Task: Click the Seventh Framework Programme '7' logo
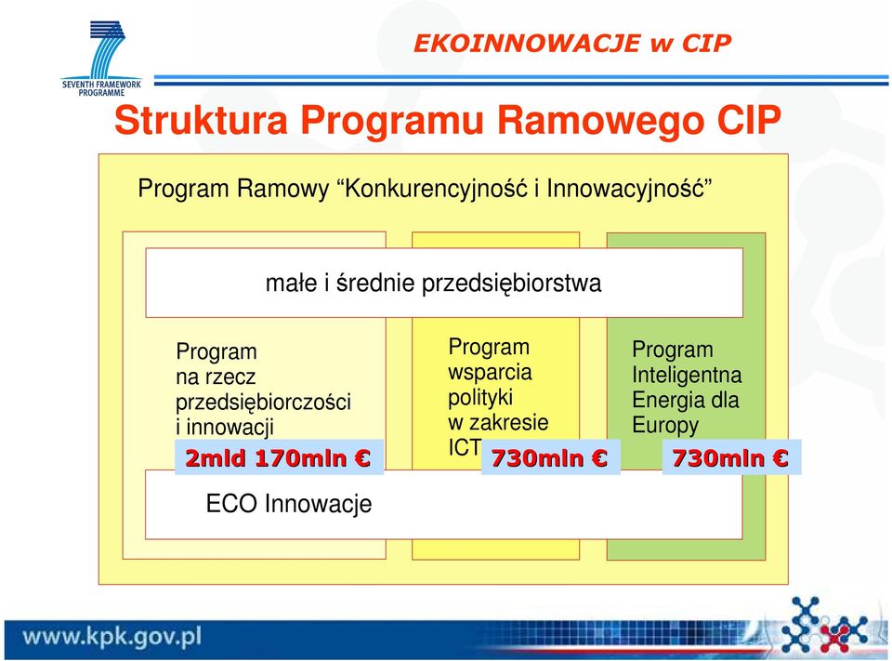pyautogui.click(x=107, y=49)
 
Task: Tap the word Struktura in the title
pyautogui.click(x=201, y=120)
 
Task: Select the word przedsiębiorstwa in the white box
pyautogui.click(x=511, y=284)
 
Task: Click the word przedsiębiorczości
pyautogui.click(x=263, y=403)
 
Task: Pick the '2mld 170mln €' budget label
pyautogui.click(x=279, y=457)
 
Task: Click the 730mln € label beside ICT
pyautogui.click(x=550, y=457)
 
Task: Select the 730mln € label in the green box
pyautogui.click(x=731, y=457)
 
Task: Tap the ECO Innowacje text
pyautogui.click(x=289, y=504)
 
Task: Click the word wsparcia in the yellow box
pyautogui.click(x=490, y=373)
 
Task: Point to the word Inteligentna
pyautogui.click(x=687, y=376)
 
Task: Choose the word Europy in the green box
pyautogui.click(x=665, y=426)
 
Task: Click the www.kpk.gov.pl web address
pyautogui.click(x=112, y=636)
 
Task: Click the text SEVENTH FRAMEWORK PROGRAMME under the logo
pyautogui.click(x=101, y=88)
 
